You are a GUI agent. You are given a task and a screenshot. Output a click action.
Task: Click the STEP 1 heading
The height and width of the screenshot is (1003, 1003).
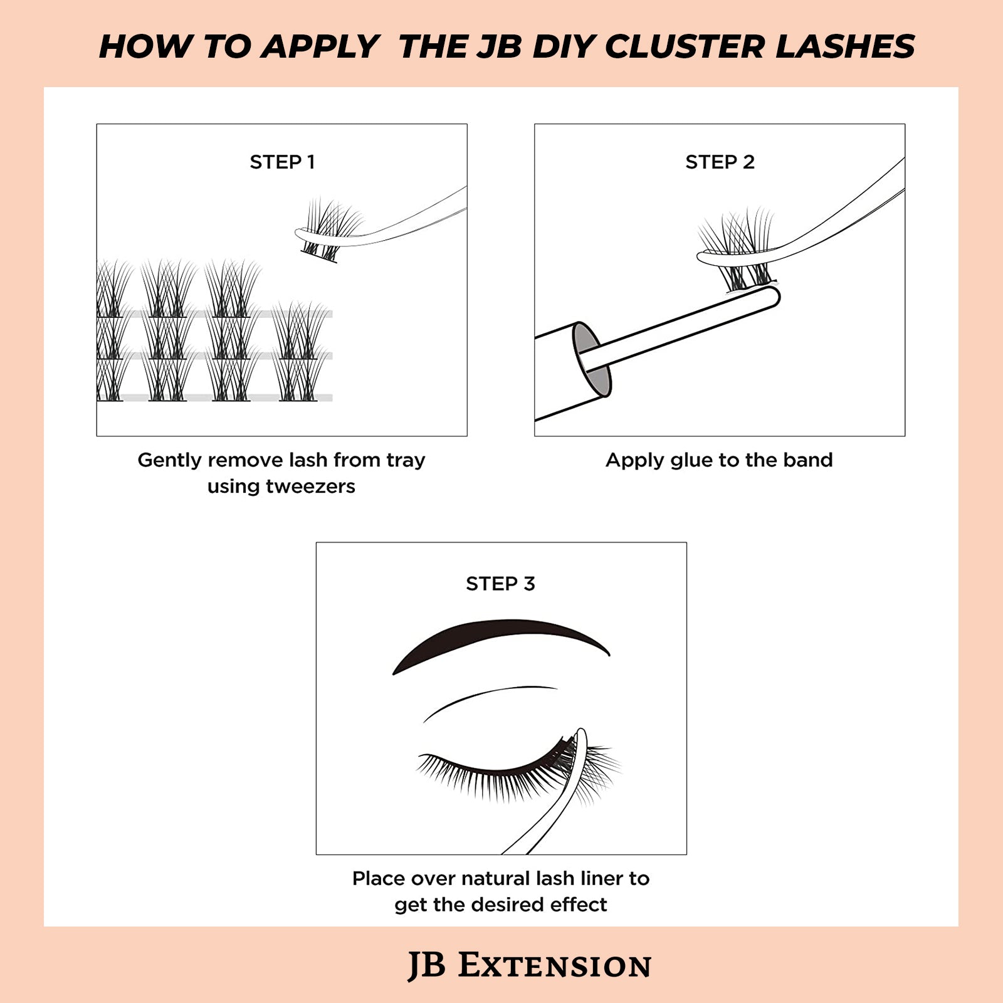point(282,162)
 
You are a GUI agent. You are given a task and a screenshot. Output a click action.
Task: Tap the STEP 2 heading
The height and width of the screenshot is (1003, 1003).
point(720,162)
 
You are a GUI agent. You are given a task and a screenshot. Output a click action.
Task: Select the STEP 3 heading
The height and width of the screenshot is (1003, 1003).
point(500,584)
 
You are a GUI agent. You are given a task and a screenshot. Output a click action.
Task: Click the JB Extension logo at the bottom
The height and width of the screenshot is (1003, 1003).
point(530,965)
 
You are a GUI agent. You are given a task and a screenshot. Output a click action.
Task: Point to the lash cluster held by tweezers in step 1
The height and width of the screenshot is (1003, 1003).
point(329,226)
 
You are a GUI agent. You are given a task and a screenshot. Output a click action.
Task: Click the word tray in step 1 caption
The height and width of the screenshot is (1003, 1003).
point(406,460)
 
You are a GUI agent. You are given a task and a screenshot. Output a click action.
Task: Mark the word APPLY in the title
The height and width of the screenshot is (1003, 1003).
point(320,47)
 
